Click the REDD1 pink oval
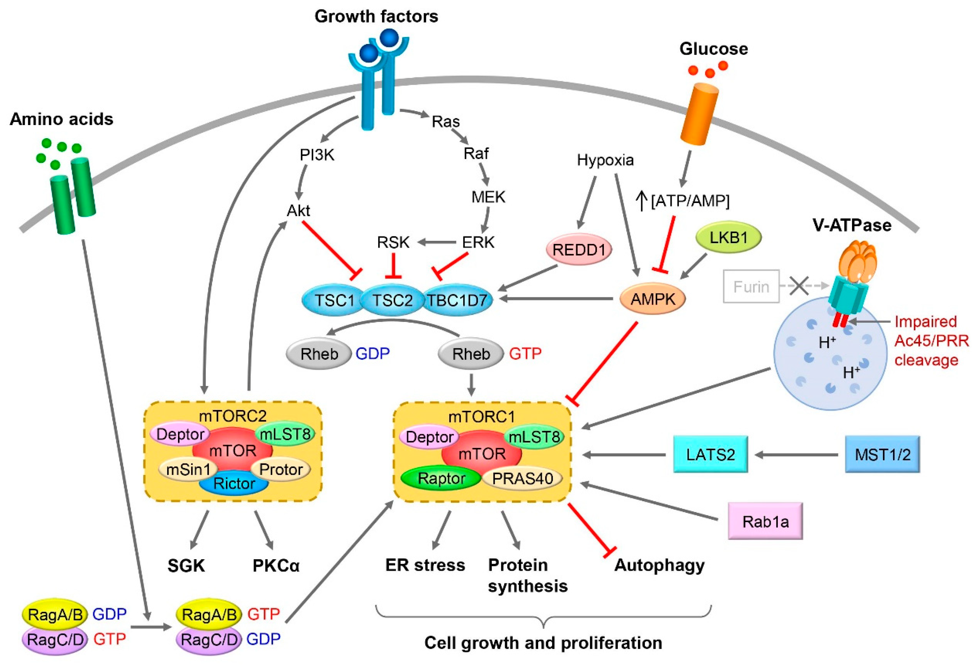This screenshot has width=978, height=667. (579, 250)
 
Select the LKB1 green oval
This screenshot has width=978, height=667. (728, 238)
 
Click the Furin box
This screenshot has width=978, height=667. (751, 287)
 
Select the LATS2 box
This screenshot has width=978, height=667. (710, 455)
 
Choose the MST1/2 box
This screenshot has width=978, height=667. (882, 455)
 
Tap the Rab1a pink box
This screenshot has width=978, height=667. (765, 521)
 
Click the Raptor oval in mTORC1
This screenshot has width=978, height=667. (441, 478)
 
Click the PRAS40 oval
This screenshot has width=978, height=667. (522, 478)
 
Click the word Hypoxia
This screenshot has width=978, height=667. (605, 160)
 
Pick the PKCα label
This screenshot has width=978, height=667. (276, 565)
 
